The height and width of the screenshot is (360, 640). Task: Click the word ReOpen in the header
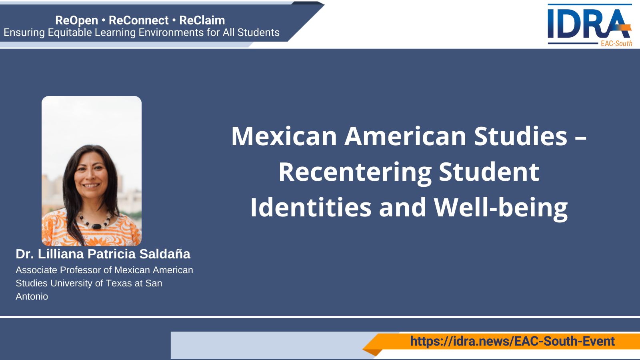coord(76,20)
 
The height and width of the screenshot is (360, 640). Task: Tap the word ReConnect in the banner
coord(138,20)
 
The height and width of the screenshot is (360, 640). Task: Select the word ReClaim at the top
coord(202,20)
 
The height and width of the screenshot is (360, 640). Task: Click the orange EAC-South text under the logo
coord(616,44)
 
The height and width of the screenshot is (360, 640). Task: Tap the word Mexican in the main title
coord(284,136)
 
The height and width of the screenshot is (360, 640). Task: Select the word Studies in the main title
coord(520,136)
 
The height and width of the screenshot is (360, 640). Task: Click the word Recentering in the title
coord(355,172)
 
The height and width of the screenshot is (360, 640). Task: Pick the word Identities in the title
coord(310,208)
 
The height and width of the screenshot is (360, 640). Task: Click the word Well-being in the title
coord(500,208)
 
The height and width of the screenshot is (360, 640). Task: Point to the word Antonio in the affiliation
coord(32,296)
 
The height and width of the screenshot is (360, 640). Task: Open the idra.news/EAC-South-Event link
coord(512,341)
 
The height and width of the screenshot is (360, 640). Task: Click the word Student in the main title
coord(489,172)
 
